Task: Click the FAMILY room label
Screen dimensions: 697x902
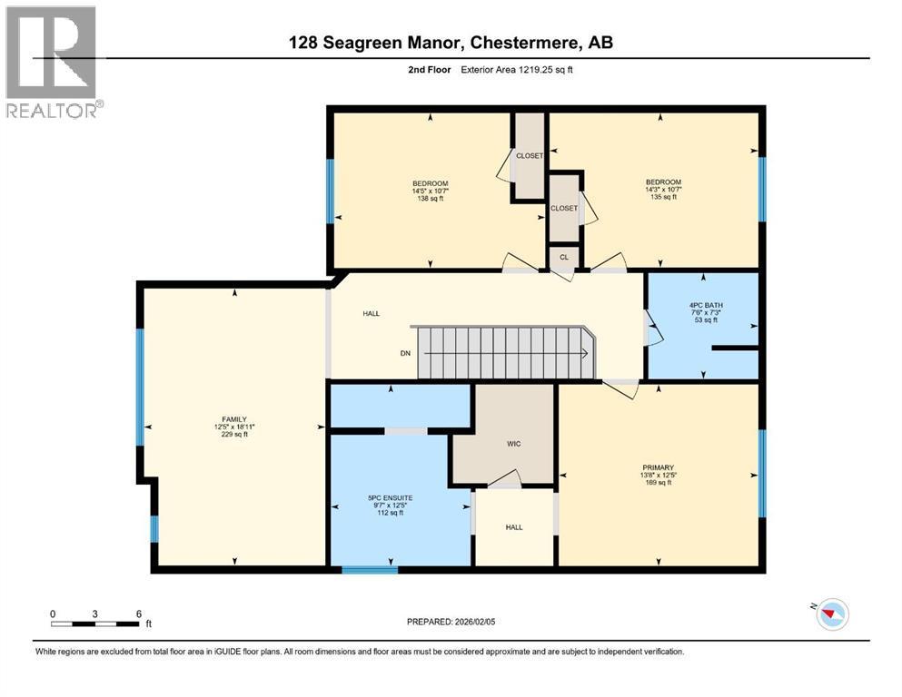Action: coord(234,418)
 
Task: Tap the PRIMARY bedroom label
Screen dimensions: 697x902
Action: coord(657,466)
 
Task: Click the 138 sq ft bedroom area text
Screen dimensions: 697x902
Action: coord(430,198)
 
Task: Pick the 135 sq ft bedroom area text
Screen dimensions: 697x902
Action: coord(662,196)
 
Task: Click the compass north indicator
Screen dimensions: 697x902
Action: coord(831,614)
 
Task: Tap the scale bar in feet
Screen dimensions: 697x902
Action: coord(95,623)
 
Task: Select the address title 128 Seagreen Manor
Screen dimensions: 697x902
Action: coord(451,42)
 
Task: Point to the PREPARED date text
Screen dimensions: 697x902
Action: coord(451,622)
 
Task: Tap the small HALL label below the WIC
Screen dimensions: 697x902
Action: coord(514,525)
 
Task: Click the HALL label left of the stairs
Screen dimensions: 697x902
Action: coord(372,313)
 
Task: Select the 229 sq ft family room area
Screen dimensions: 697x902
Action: coord(234,434)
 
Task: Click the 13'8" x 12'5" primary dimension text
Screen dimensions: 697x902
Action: coord(657,475)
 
